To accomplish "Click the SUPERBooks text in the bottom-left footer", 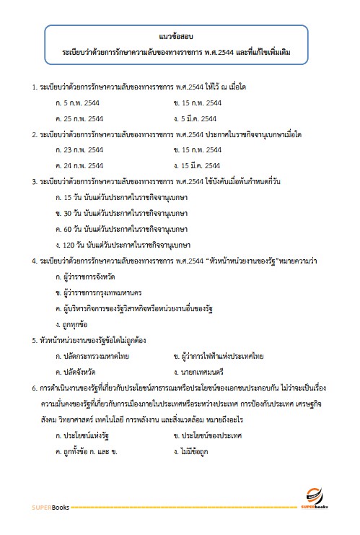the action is (51, 508).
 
